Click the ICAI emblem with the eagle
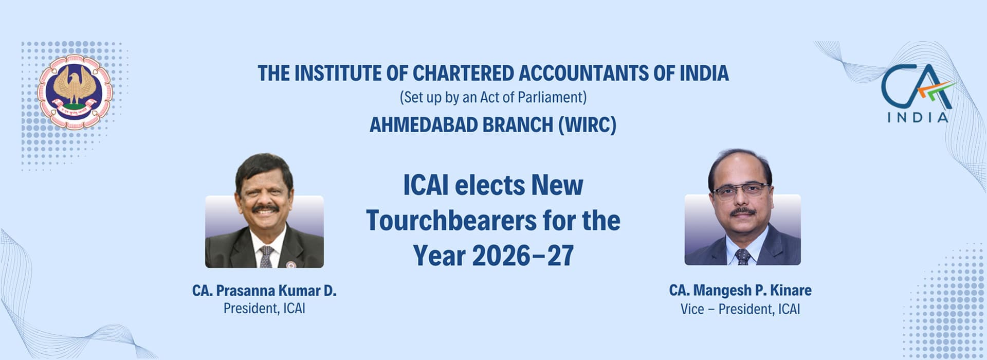point(75,92)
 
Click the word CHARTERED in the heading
point(463,74)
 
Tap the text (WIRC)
point(587,125)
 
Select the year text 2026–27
point(523,256)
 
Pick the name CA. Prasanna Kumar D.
point(264,291)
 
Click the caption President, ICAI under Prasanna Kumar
point(264,309)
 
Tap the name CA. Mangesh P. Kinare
point(740,291)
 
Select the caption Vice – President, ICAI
point(740,309)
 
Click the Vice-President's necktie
point(743,257)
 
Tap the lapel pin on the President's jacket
point(291,265)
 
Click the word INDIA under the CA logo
point(918,118)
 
